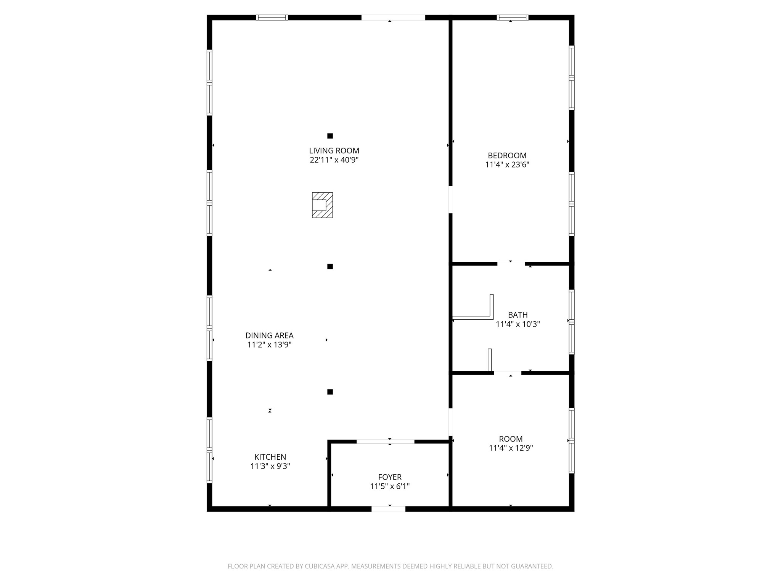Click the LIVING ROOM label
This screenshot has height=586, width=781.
pyautogui.click(x=334, y=151)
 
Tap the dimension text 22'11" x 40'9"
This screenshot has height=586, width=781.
pyautogui.click(x=334, y=160)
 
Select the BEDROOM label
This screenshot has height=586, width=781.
pyautogui.click(x=507, y=156)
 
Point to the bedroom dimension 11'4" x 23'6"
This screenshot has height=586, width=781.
pyautogui.click(x=507, y=165)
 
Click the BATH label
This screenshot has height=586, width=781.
pyautogui.click(x=518, y=315)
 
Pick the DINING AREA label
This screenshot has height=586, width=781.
pyautogui.click(x=269, y=336)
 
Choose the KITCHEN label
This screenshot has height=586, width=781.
pyautogui.click(x=270, y=457)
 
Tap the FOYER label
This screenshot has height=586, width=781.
pyautogui.click(x=390, y=477)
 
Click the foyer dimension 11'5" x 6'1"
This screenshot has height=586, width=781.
pyautogui.click(x=390, y=486)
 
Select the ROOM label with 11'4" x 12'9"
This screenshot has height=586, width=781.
pyautogui.click(x=511, y=439)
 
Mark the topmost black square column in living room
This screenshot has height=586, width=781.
pyautogui.click(x=330, y=136)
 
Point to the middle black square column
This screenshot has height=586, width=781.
pyautogui.click(x=330, y=267)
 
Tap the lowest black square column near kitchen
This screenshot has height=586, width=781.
pyautogui.click(x=330, y=392)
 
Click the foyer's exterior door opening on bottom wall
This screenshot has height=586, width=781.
pyautogui.click(x=389, y=509)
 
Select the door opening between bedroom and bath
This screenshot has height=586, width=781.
pyautogui.click(x=511, y=264)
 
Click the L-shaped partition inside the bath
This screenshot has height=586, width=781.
pyautogui.click(x=491, y=317)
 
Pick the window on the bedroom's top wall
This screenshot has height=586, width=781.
pyautogui.click(x=513, y=18)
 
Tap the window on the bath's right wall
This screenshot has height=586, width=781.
pyautogui.click(x=572, y=322)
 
